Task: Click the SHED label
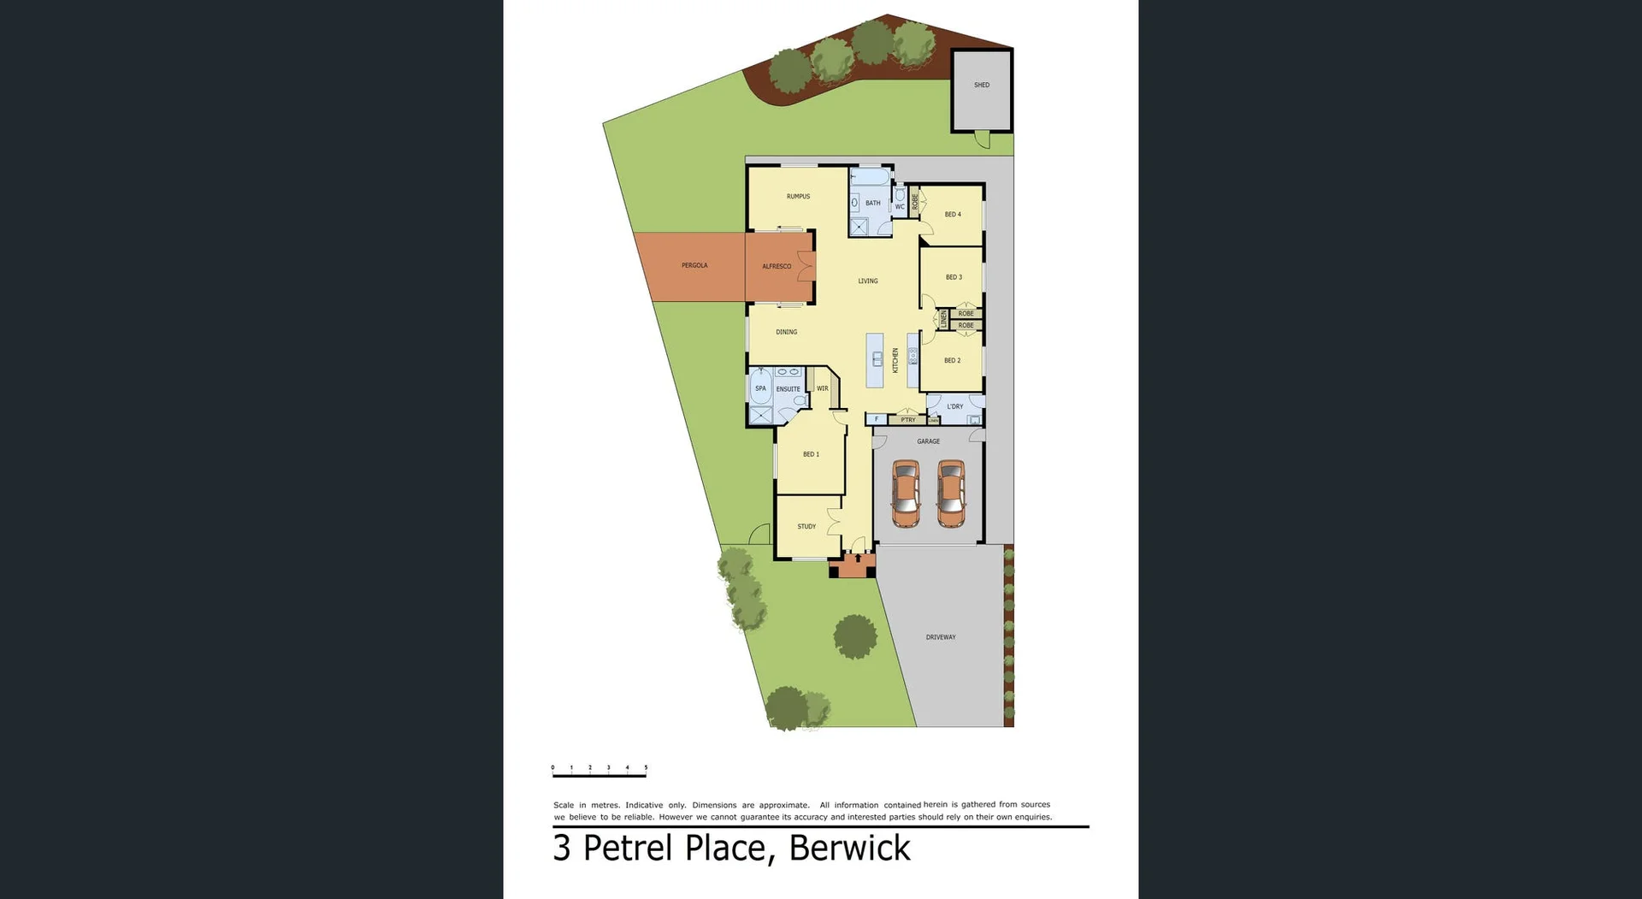click(x=981, y=85)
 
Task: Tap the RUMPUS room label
click(x=798, y=197)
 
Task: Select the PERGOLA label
click(x=694, y=265)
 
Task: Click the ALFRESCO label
click(x=777, y=266)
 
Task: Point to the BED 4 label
click(x=953, y=215)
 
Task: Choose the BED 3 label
click(x=954, y=277)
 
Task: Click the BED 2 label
click(x=952, y=360)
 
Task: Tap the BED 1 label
click(x=811, y=454)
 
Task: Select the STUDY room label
click(x=806, y=526)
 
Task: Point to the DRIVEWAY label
click(x=941, y=637)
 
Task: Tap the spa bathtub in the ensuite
click(x=760, y=390)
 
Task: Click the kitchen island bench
click(x=876, y=360)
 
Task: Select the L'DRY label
click(x=955, y=406)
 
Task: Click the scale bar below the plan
click(x=599, y=774)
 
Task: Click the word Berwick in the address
click(x=849, y=848)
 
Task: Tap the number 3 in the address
click(x=561, y=848)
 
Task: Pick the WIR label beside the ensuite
click(x=822, y=388)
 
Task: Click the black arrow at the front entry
click(x=858, y=558)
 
